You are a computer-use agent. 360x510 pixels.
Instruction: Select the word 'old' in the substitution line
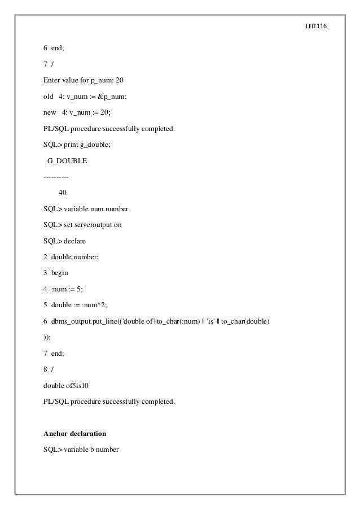pyautogui.click(x=49, y=97)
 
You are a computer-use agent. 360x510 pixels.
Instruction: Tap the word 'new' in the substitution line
pyautogui.click(x=50, y=112)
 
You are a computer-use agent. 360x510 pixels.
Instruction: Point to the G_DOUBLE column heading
pyautogui.click(x=67, y=161)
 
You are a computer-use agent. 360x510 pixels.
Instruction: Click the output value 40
pyautogui.click(x=62, y=193)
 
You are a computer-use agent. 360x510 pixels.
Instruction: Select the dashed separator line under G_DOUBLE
pyautogui.click(x=55, y=177)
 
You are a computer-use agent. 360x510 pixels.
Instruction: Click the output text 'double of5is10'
pyautogui.click(x=65, y=385)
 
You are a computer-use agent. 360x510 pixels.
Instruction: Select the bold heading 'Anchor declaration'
pyautogui.click(x=75, y=434)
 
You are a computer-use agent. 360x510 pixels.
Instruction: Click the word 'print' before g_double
pyautogui.click(x=71, y=145)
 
